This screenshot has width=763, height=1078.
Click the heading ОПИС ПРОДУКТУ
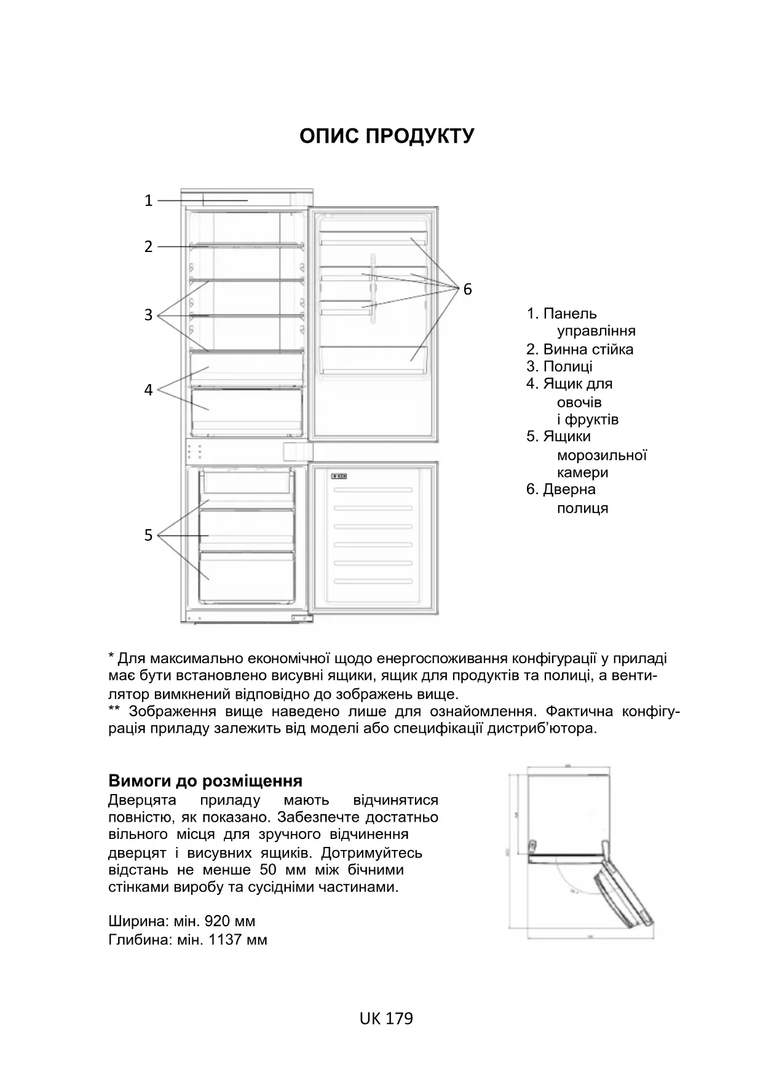pyautogui.click(x=387, y=136)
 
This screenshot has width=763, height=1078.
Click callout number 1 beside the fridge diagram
pyautogui.click(x=148, y=200)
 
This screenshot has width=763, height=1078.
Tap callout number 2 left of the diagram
pyautogui.click(x=148, y=246)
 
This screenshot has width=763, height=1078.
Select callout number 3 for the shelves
pyautogui.click(x=148, y=315)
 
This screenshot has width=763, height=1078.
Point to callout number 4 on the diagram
pyautogui.click(x=148, y=390)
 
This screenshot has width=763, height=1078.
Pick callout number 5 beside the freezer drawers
pyautogui.click(x=148, y=535)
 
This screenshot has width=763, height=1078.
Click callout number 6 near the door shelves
pyautogui.click(x=467, y=289)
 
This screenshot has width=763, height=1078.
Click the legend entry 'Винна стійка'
pyautogui.click(x=587, y=349)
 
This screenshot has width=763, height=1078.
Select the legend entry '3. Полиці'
pyautogui.click(x=559, y=366)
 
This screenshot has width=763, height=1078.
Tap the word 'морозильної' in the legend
pyautogui.click(x=601, y=455)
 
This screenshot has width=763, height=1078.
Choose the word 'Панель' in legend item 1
pyautogui.click(x=569, y=313)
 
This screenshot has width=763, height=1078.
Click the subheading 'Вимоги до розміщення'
pyautogui.click(x=205, y=781)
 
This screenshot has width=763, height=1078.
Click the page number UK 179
pyautogui.click(x=386, y=1018)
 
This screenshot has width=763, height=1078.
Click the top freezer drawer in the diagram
pyautogui.click(x=246, y=481)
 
